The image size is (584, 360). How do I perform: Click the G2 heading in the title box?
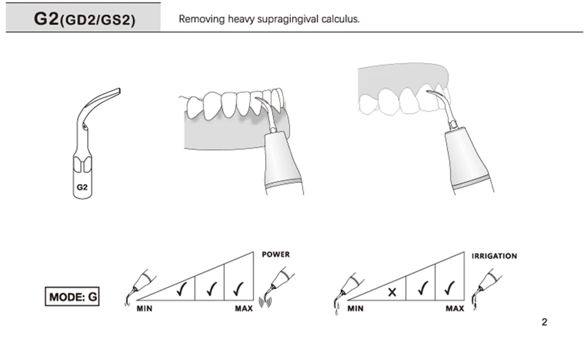click(47, 18)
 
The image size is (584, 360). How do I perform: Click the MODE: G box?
click(73, 296)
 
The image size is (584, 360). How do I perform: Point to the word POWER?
click(276, 255)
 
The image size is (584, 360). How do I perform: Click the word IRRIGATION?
click(494, 256)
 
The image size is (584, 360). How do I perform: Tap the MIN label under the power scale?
click(144, 309)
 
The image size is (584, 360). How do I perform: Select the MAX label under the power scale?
click(244, 309)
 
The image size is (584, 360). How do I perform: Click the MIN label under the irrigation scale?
click(356, 309)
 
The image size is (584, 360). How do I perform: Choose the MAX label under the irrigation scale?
click(455, 309)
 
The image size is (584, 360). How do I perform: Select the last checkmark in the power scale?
click(238, 288)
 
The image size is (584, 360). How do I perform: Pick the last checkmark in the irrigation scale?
click(449, 288)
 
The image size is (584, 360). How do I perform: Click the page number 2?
click(544, 322)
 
